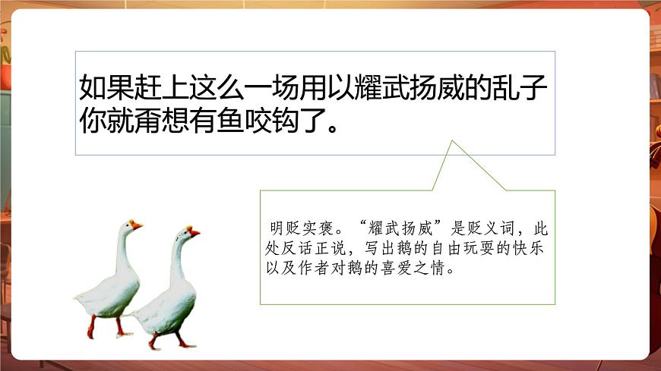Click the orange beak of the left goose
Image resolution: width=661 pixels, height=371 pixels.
(137, 225)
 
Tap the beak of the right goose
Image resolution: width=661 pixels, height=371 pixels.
(195, 231)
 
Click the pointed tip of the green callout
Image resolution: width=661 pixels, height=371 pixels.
(452, 142)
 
